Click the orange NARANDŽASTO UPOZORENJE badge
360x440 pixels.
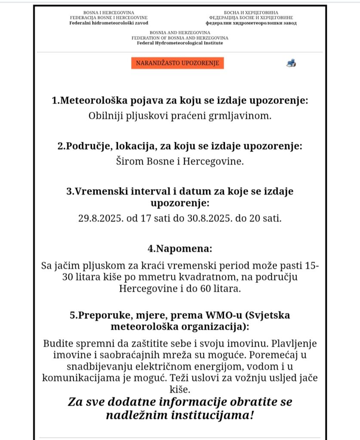pos(178,63)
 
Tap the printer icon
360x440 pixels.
pos(291,63)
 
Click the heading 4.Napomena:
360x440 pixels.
pos(180,249)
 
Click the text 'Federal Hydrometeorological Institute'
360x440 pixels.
pos(180,43)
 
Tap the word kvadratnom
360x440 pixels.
pos(199,278)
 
